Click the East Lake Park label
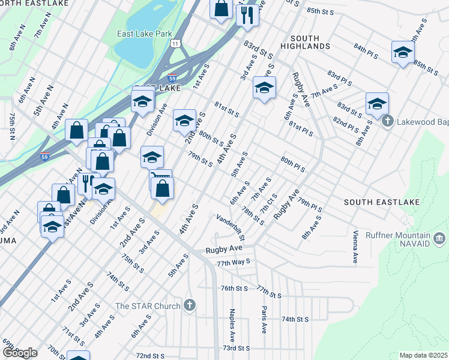tap(145, 34)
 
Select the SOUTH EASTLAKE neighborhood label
tap(381, 202)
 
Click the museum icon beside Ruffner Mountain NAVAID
tap(439, 240)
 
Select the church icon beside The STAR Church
tap(190, 306)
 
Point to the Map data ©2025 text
tap(423, 355)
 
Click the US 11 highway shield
tap(175, 44)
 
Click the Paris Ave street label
tap(264, 319)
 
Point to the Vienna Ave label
tap(355, 246)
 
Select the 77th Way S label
tap(234, 263)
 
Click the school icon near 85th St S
tap(403, 52)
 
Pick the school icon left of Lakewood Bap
tap(376, 103)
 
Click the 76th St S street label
tap(234, 288)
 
